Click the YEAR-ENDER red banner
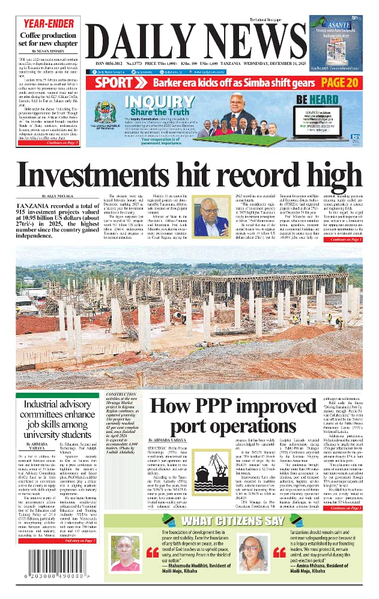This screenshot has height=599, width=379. coord(44,24)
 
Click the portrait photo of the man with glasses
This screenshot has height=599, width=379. coord(211,217)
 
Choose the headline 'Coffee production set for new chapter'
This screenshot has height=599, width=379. coord(44,41)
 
